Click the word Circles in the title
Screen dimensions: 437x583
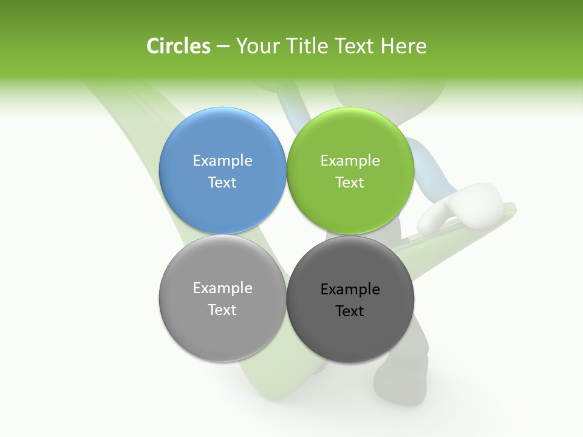pos(178,46)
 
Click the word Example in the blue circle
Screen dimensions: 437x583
pos(222,160)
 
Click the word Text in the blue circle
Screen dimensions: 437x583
pos(222,182)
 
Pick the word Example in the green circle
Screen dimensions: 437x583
pos(350,160)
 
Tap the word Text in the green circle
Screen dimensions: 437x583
pos(350,182)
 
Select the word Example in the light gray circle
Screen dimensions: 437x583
pos(222,288)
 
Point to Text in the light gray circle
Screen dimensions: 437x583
pos(222,310)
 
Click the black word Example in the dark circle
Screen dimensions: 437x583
pos(350,289)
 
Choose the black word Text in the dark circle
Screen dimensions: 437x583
pos(350,311)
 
